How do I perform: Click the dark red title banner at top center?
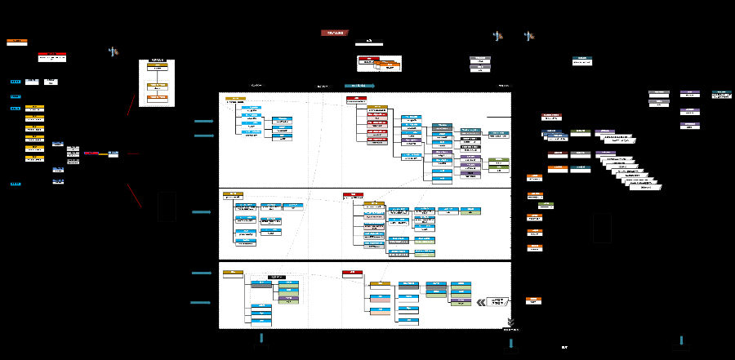[335, 33]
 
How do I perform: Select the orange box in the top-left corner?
[16, 41]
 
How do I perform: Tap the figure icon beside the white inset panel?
[114, 52]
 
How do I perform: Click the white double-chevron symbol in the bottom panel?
[481, 302]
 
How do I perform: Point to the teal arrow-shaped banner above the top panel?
[359, 85]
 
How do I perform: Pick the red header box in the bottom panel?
[353, 273]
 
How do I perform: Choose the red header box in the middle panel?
[353, 195]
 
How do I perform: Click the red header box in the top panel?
[356, 99]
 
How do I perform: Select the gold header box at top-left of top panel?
[235, 100]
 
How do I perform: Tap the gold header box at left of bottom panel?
[233, 273]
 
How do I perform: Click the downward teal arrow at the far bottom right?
[681, 340]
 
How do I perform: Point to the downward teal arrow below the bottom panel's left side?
[262, 338]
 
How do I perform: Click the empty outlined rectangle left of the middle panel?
[167, 206]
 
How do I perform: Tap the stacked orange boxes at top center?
[381, 64]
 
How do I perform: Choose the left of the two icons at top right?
[497, 36]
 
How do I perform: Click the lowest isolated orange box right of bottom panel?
[533, 300]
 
